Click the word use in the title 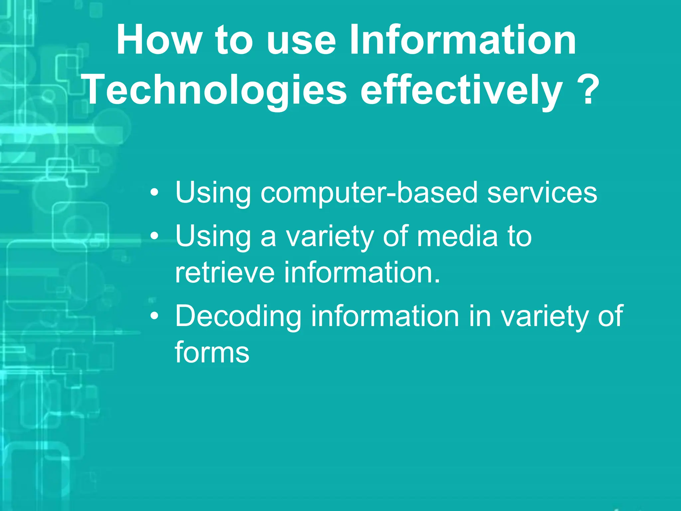tap(301, 41)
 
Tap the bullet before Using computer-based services tap(154, 193)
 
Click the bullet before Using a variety tap(154, 236)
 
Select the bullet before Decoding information tap(154, 316)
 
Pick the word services tap(542, 193)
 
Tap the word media tap(457, 236)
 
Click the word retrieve tap(225, 273)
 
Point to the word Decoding tap(238, 316)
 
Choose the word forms tap(212, 352)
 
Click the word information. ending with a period tap(362, 273)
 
